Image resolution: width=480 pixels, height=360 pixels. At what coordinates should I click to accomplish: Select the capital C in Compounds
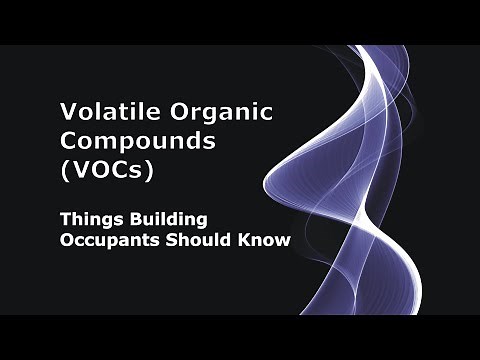(70, 141)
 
